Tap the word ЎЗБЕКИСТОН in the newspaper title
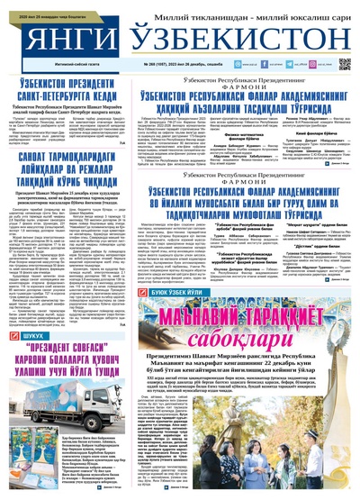tap(229, 41)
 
